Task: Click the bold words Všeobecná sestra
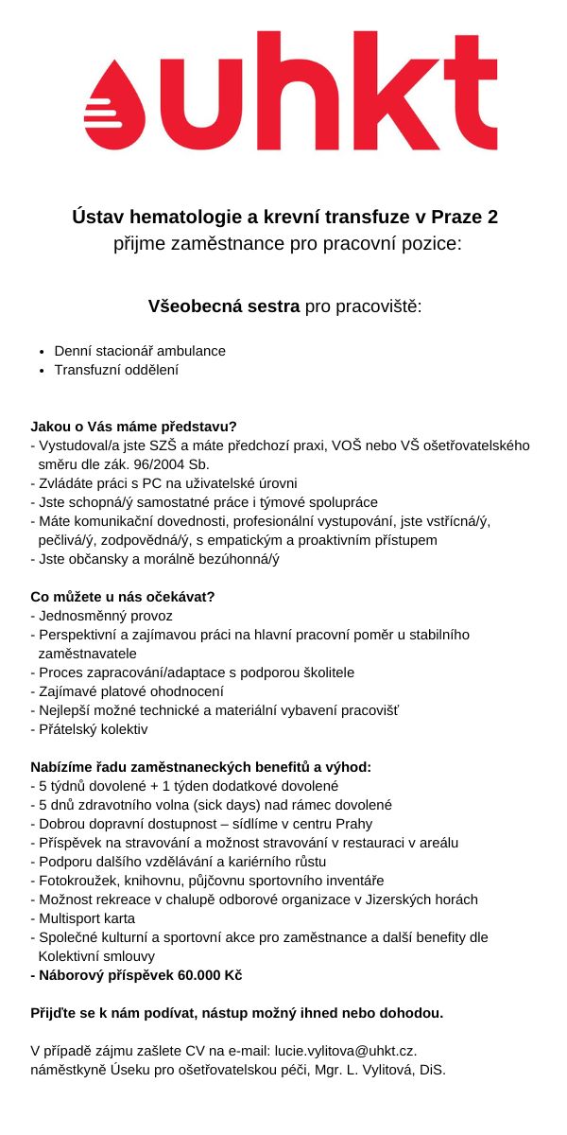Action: click(224, 306)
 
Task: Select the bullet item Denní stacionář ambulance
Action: click(140, 351)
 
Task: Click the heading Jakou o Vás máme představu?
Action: click(133, 427)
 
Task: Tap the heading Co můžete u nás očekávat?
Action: click(123, 597)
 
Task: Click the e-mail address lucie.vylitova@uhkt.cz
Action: click(345, 1051)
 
